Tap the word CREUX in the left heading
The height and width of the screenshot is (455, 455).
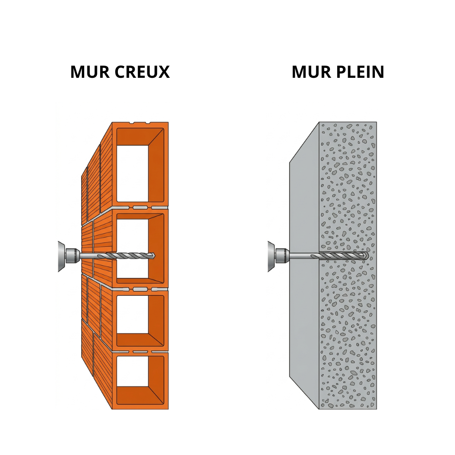point(142,72)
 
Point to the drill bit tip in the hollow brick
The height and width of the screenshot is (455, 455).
point(154,256)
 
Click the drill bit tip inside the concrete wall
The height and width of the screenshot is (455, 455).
point(367,256)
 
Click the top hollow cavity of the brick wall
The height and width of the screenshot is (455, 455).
point(132,173)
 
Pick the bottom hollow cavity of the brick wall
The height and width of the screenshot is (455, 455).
point(132,371)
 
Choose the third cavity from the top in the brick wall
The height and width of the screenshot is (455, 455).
point(132,314)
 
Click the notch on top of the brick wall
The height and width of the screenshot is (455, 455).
point(140,123)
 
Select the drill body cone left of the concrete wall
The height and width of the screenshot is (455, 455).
point(271,256)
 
